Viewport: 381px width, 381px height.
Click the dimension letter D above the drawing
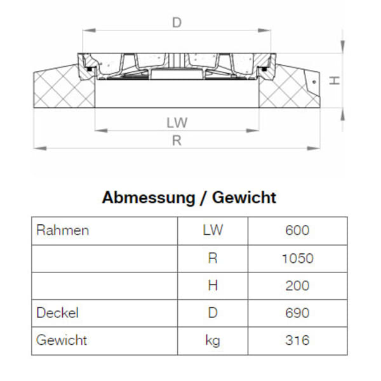[x=177, y=23]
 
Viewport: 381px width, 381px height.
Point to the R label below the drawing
[x=177, y=141]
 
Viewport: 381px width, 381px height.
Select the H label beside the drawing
[x=337, y=81]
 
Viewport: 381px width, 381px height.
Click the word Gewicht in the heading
[x=244, y=197]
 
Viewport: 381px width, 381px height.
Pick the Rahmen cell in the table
[x=63, y=231]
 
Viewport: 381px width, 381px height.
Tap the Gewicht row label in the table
[x=62, y=340]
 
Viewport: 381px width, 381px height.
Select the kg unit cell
[x=213, y=340]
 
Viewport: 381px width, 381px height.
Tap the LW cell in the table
[x=213, y=231]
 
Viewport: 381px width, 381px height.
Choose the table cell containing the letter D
[x=213, y=313]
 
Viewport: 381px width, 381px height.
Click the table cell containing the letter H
[x=213, y=286]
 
